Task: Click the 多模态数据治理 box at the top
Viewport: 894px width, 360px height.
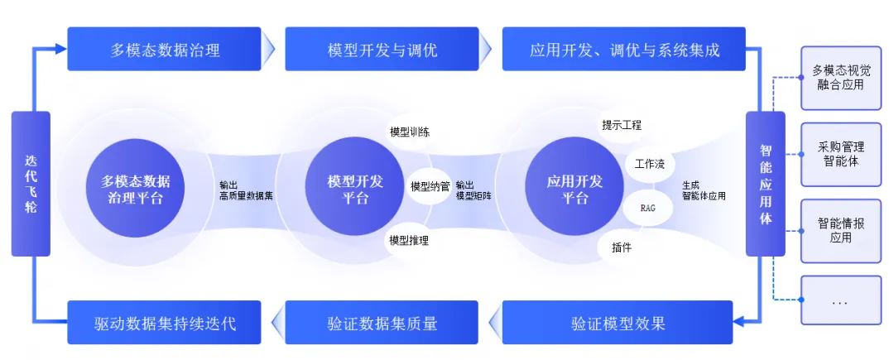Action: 165,50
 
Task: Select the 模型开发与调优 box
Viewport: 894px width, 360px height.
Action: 382,50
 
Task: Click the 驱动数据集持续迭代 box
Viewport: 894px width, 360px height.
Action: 165,323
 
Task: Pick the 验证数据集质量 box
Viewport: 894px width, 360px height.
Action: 382,323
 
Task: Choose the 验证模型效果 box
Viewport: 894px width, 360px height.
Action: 618,323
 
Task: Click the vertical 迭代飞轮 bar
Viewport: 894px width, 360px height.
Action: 31,184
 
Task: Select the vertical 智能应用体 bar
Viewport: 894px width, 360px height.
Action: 766,184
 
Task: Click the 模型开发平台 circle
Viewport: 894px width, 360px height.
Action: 355,190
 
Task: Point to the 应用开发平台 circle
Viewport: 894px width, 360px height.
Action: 574,190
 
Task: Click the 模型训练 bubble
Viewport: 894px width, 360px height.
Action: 409,132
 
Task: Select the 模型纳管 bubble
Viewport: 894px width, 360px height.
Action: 430,186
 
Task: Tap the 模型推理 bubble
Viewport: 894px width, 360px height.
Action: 409,241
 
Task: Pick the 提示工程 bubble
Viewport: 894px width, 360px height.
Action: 622,126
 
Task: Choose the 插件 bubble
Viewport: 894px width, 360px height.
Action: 621,247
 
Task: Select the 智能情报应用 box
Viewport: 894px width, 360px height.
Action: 840,230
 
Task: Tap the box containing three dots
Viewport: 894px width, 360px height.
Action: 840,302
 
